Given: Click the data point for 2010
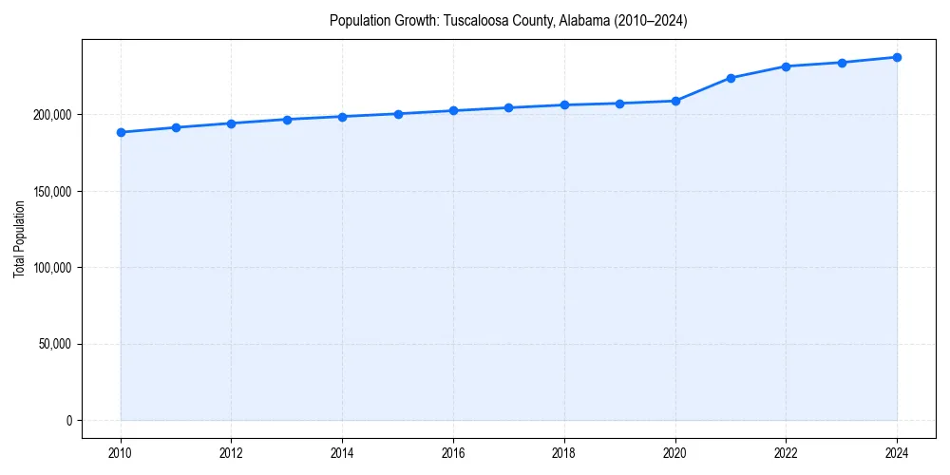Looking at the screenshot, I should [121, 132].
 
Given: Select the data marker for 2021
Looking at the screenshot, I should [731, 78].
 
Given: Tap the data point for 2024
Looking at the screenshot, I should [897, 57].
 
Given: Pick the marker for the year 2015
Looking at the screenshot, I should [398, 114].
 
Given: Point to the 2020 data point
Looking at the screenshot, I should [675, 101].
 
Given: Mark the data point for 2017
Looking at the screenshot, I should [509, 107].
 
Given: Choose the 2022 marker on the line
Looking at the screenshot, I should [786, 66].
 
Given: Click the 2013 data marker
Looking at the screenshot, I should [287, 120].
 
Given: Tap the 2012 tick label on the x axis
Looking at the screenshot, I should [231, 453].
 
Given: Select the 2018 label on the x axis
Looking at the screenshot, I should [564, 453].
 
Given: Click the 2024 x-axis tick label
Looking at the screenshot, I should [897, 453].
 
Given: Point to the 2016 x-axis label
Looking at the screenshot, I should [453, 453].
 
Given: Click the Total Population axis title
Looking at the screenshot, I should [19, 238].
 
